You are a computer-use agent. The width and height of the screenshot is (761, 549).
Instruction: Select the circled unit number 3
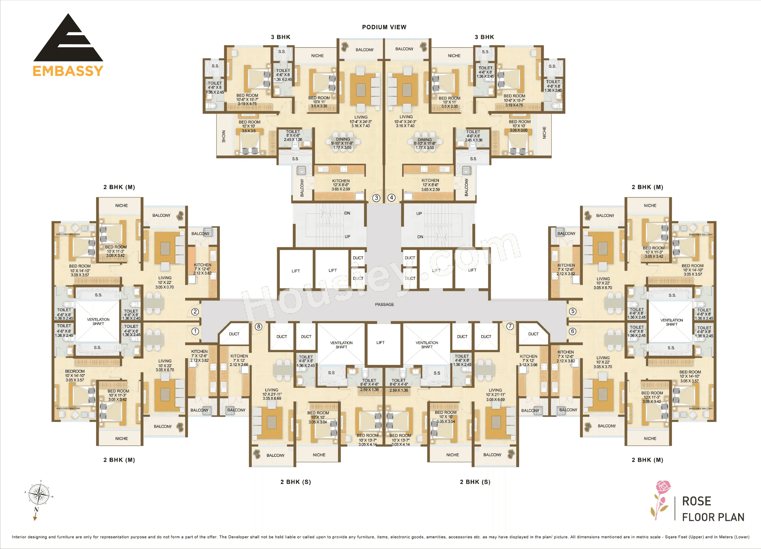tap(376, 198)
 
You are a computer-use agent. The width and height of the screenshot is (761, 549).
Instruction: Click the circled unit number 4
tap(391, 197)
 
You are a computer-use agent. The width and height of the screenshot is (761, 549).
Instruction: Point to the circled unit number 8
tap(258, 326)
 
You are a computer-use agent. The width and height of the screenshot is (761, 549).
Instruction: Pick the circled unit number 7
tap(510, 326)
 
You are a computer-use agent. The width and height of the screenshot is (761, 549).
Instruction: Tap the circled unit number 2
tap(195, 312)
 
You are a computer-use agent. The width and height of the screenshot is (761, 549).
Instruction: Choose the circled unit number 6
tap(572, 331)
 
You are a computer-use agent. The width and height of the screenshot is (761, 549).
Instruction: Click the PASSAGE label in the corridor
tap(384, 305)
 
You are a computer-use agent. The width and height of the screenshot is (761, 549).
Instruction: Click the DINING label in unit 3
tap(343, 139)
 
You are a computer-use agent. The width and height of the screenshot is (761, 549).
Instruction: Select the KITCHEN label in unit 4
tap(430, 180)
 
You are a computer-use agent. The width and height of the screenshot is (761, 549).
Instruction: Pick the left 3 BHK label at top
tap(280, 37)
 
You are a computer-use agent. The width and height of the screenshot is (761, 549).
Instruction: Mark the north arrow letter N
tap(36, 509)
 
